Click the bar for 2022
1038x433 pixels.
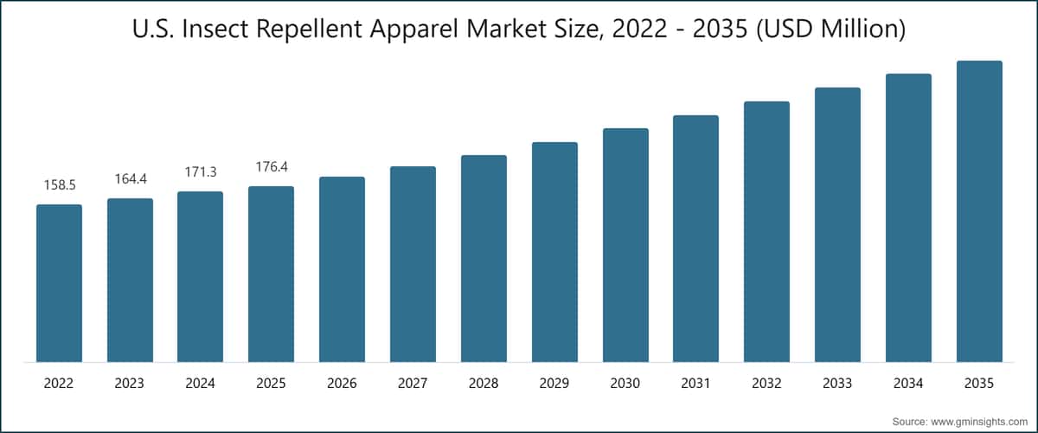[x=60, y=283]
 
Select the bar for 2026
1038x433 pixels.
[x=342, y=269]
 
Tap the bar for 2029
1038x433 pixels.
[x=554, y=252]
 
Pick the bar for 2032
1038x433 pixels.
[x=767, y=231]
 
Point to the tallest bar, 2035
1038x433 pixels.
[x=979, y=211]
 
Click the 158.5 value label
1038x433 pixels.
[x=60, y=185]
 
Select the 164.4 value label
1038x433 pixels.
[x=131, y=178]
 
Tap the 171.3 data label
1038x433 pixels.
[x=201, y=172]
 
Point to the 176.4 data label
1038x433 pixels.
[x=272, y=166]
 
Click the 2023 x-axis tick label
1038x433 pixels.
[x=129, y=384]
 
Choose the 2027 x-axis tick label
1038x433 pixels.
[x=413, y=384]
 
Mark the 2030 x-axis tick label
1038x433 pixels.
[x=625, y=384]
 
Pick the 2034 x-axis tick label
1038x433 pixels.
[x=908, y=384]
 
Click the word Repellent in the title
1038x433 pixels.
[x=309, y=29]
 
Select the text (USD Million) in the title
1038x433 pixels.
[x=831, y=29]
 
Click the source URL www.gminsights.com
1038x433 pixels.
[x=979, y=422]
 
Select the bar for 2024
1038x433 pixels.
[x=200, y=276]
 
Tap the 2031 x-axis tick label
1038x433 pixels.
[x=695, y=384]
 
